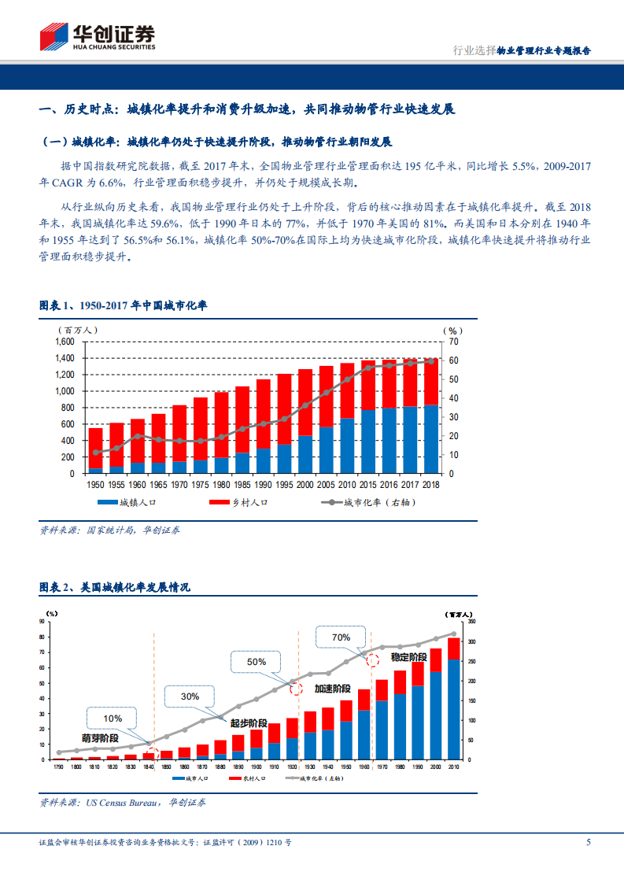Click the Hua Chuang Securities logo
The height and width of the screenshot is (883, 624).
(x=98, y=36)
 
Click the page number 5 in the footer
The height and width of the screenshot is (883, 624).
(x=589, y=842)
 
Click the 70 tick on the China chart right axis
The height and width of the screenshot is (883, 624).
(x=454, y=342)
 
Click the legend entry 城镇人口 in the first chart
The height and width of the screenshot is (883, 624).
(x=126, y=502)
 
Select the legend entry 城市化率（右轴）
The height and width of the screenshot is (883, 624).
(x=370, y=502)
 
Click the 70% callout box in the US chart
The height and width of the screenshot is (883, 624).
(x=341, y=637)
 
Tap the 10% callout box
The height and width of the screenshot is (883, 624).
(x=113, y=719)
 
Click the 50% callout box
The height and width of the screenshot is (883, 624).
(x=257, y=662)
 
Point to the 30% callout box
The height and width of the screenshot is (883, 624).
(x=190, y=696)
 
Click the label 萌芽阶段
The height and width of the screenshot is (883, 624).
(x=100, y=738)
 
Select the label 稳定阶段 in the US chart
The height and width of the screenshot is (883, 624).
(x=408, y=656)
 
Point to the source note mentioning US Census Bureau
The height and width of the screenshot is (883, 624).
(x=122, y=803)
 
